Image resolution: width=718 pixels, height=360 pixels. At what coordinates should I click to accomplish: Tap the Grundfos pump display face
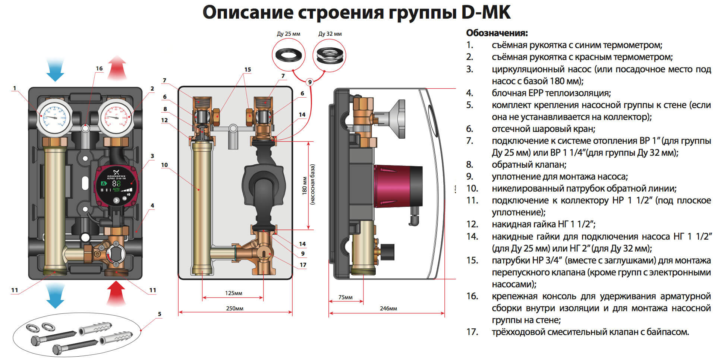[x=116, y=184]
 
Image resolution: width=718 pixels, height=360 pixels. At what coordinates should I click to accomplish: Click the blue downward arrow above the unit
[x=55, y=70]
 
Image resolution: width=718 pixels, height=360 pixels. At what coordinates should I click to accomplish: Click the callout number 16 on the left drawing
[x=99, y=69]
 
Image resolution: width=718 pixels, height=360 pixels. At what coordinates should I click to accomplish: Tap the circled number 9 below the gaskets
[x=309, y=82]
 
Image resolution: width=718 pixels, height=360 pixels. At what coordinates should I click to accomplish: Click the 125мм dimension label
[x=233, y=293]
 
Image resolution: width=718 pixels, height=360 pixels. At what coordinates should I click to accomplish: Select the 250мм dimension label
[x=234, y=309]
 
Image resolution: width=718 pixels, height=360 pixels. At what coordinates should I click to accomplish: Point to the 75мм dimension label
[x=345, y=297]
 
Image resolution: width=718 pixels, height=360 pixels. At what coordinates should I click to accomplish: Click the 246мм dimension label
[x=388, y=309]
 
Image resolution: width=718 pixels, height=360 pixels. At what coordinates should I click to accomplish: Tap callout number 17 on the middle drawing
[x=303, y=265]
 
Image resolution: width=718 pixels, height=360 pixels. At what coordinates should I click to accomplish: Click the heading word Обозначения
[x=497, y=33]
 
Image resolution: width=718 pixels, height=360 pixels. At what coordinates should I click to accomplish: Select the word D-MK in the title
[x=485, y=13]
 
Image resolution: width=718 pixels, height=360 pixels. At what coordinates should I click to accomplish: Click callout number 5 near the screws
[x=160, y=314]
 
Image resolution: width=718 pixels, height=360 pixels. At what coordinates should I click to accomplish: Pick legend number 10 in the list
[x=472, y=189]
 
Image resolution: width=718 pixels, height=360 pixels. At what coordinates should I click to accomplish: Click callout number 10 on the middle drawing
[x=164, y=165]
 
